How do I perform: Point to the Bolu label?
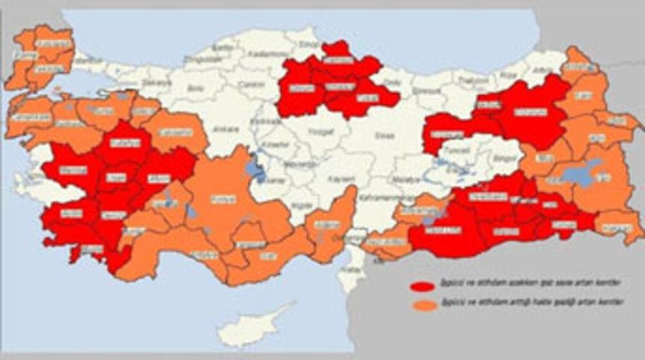(x=195, y=88)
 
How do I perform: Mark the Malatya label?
(x=409, y=181)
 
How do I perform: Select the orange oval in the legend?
(x=424, y=305)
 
